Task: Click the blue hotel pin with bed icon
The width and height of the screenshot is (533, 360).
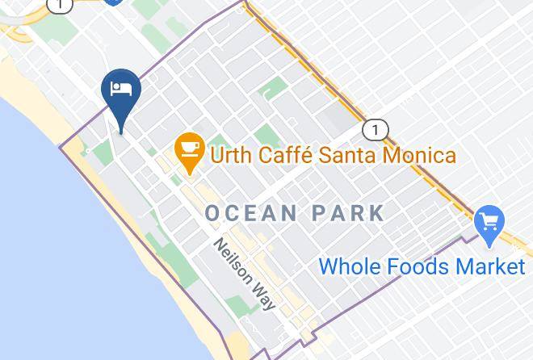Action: click(x=121, y=93)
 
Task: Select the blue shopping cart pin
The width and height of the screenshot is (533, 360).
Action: click(x=489, y=221)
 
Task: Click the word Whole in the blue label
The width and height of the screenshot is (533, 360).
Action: click(x=348, y=266)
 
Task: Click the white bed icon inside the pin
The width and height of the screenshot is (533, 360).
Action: click(x=121, y=88)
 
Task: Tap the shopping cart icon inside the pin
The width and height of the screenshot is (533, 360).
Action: click(x=489, y=219)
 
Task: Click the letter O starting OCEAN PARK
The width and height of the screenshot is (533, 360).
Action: click(x=213, y=213)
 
